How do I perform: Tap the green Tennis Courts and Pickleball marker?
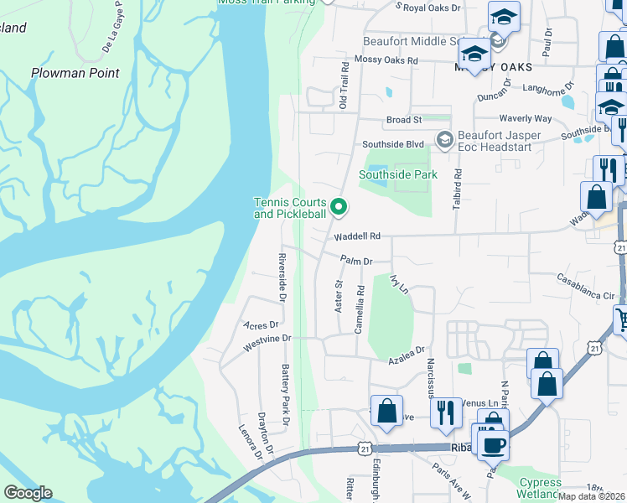coord(339,205)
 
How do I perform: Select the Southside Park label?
coord(398,174)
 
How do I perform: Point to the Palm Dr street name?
coord(355,261)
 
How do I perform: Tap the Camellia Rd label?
coord(359,309)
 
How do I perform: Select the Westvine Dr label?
coord(267,339)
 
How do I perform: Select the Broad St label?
coord(398,121)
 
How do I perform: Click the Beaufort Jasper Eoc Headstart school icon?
coord(444,139)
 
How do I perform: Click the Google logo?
coord(28,493)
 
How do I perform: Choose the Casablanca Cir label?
coord(586,297)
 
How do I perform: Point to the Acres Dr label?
coord(260,324)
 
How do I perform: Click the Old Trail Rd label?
coord(343,85)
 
